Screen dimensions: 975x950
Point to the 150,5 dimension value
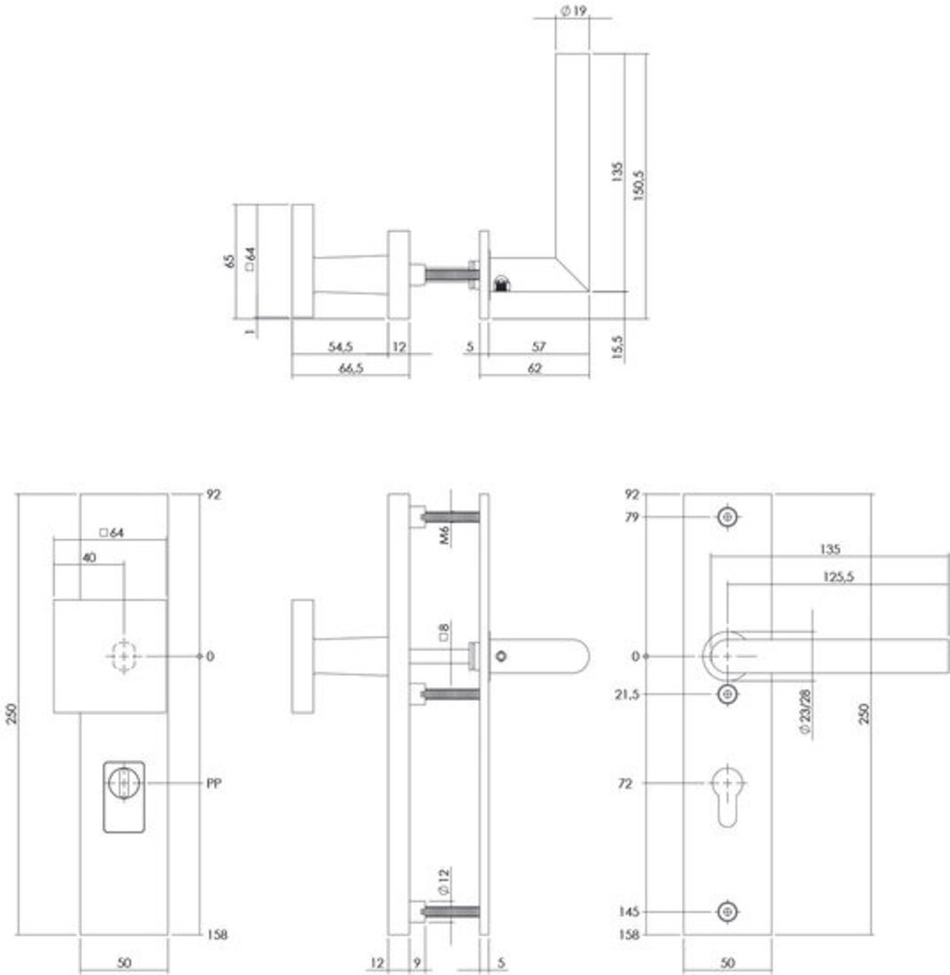point(640,175)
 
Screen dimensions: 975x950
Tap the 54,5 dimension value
point(339,346)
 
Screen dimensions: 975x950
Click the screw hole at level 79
point(727,518)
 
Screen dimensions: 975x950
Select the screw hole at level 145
point(727,912)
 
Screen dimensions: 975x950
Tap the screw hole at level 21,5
point(727,693)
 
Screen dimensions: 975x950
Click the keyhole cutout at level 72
point(727,795)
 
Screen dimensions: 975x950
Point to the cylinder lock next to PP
point(124,783)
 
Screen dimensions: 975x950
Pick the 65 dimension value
point(230,261)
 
